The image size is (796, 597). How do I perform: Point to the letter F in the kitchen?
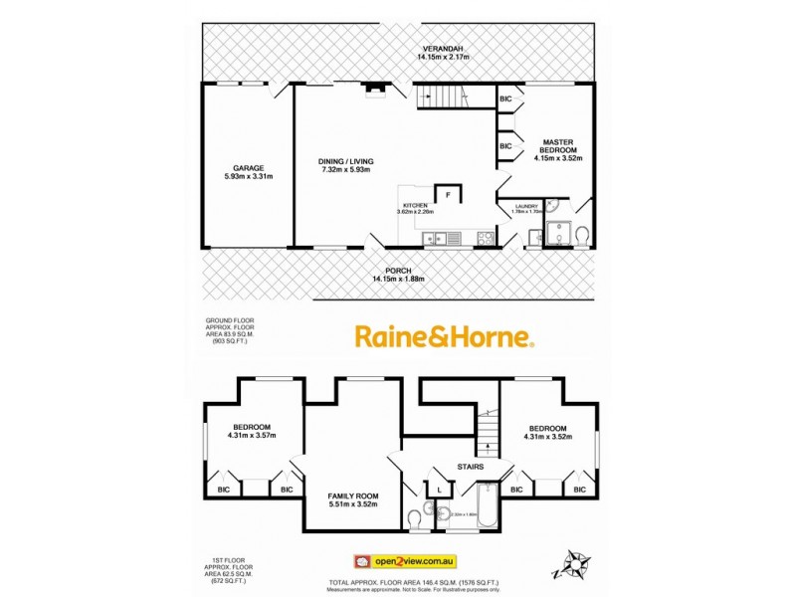(449, 195)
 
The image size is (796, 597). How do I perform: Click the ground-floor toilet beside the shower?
(582, 236)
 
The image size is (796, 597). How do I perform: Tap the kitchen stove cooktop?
(485, 238)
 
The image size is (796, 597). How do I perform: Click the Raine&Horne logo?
(445, 338)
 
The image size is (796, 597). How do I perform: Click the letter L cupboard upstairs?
(439, 489)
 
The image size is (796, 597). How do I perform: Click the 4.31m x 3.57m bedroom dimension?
(252, 434)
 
